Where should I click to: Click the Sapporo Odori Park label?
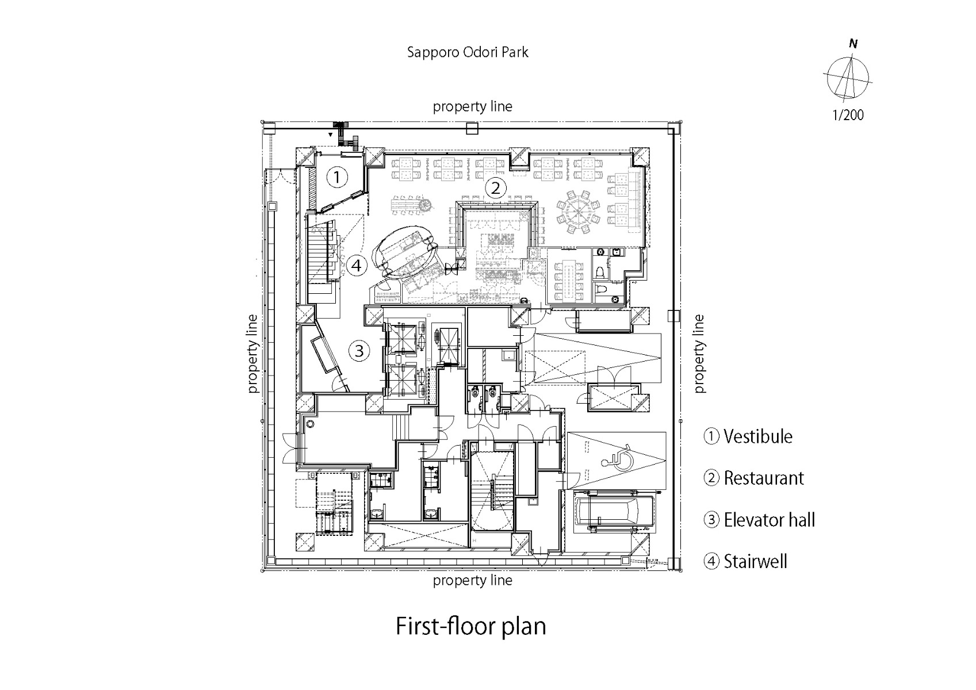pyautogui.click(x=468, y=52)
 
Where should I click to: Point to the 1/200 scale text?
pyautogui.click(x=848, y=115)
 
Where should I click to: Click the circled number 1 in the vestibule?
pyautogui.click(x=338, y=177)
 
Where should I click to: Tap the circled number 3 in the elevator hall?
pyautogui.click(x=359, y=350)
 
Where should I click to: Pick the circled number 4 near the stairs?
pyautogui.click(x=357, y=266)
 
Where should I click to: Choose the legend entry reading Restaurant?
pyautogui.click(x=754, y=478)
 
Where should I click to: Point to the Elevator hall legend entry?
pyautogui.click(x=759, y=520)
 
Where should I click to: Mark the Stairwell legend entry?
pyautogui.click(x=746, y=561)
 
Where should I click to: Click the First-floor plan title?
pyautogui.click(x=470, y=626)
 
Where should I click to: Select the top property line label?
pyautogui.click(x=472, y=106)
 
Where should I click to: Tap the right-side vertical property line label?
pyautogui.click(x=699, y=354)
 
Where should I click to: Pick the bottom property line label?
pyautogui.click(x=472, y=580)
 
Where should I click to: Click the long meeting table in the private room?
pyautogui.click(x=568, y=279)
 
